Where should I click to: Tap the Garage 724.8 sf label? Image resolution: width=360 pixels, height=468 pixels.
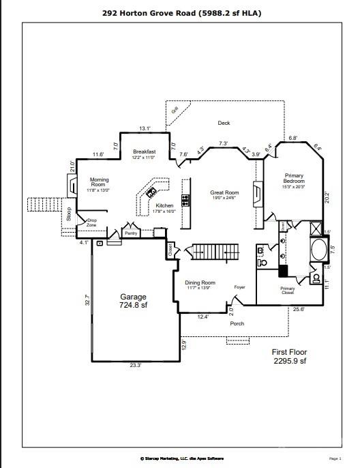pyautogui.click(x=134, y=301)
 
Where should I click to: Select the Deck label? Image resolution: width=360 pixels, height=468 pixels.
pyautogui.click(x=224, y=123)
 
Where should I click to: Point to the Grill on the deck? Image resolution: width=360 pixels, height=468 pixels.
pyautogui.click(x=175, y=109)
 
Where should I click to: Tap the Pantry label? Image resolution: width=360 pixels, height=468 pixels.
pyautogui.click(x=131, y=233)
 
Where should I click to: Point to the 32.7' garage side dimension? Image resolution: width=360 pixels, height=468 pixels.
pyautogui.click(x=87, y=300)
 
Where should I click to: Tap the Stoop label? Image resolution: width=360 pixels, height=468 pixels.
pyautogui.click(x=69, y=214)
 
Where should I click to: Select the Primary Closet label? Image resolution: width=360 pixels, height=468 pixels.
pyautogui.click(x=288, y=290)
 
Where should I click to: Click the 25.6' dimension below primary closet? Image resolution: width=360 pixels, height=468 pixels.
pyautogui.click(x=298, y=309)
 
